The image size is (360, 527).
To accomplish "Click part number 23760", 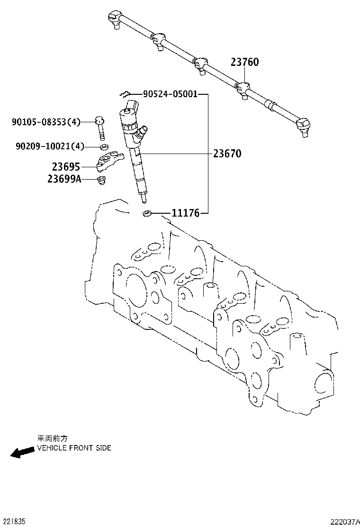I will pos(245,62).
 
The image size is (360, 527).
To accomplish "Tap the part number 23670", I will pos(227,154).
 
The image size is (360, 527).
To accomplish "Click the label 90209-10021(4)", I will pos(50,146).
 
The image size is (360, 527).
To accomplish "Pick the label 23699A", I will pos(64,179).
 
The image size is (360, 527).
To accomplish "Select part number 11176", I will pos(185,214).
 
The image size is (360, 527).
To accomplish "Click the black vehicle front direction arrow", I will pos(22,452).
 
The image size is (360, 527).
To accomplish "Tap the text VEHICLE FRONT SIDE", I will pos(74,448).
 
